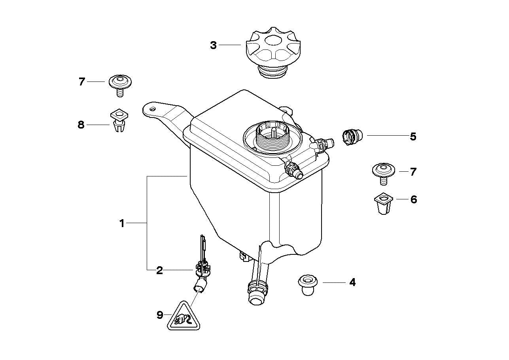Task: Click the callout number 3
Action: pos(213,45)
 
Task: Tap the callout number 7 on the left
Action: pos(82,82)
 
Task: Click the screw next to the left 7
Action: pos(120,84)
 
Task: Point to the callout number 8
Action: pos(81,125)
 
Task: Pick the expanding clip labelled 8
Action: pos(119,121)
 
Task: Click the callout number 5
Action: pos(413,137)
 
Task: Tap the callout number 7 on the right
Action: pos(413,172)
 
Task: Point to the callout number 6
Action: pos(413,199)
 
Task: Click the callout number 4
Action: pos(352,282)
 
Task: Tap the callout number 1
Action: pos(122,224)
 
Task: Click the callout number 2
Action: pos(159,271)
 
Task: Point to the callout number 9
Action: pos(159,315)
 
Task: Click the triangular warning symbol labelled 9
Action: pos(183,318)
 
